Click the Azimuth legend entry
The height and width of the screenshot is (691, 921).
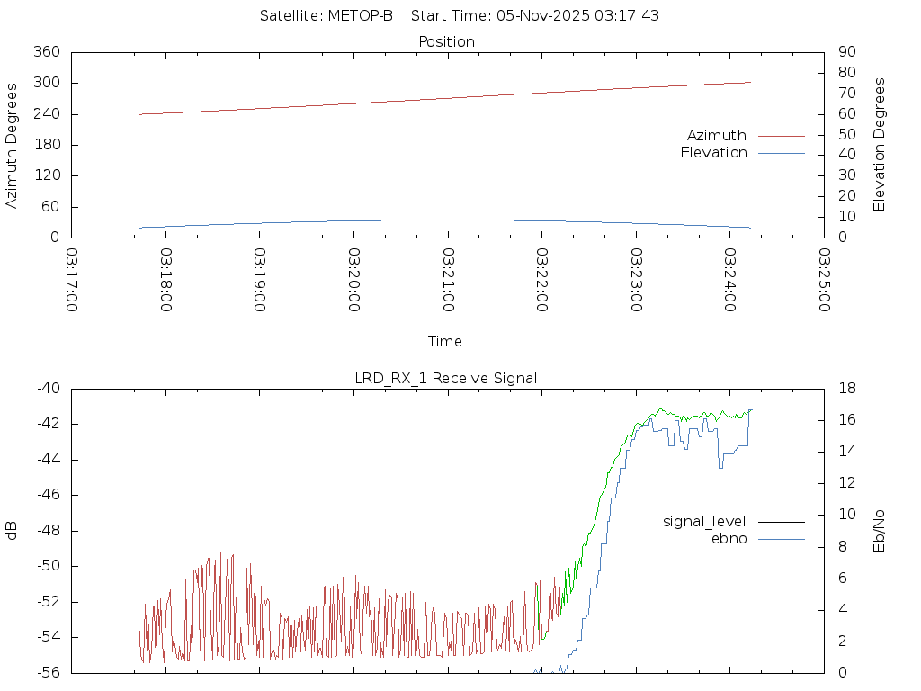[717, 135]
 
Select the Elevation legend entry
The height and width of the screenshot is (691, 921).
[713, 153]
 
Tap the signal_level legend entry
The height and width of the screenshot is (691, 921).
[704, 521]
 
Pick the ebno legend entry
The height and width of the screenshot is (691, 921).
[729, 539]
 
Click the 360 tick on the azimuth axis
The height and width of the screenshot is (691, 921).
[47, 52]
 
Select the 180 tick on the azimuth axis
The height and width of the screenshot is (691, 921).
[47, 145]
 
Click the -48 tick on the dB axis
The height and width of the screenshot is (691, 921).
[47, 531]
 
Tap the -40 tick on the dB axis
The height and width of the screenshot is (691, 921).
[47, 389]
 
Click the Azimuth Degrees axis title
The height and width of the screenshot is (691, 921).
[12, 145]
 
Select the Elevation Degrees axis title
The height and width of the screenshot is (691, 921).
[880, 145]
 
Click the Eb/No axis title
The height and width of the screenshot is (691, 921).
[880, 531]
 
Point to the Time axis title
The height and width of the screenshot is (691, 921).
[445, 342]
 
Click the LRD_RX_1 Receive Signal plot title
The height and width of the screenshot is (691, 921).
[446, 378]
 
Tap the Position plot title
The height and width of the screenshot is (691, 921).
[446, 41]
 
